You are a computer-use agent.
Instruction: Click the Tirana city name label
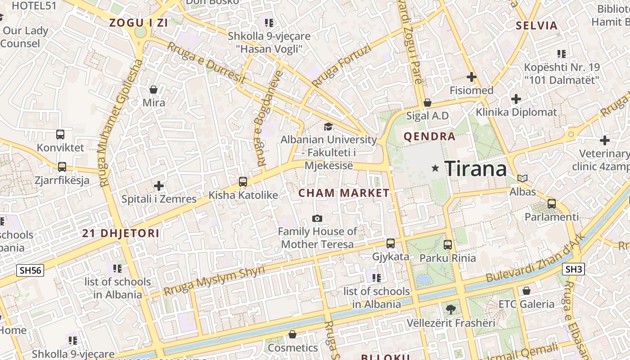coord(476,169)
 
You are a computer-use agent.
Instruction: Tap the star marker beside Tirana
coord(435,168)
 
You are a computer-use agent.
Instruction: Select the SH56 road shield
coord(31,270)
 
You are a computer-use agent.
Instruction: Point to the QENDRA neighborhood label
coord(429,137)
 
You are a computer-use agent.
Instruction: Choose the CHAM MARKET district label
coord(344,193)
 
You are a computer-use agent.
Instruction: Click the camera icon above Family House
coord(317,219)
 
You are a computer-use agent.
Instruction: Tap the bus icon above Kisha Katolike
coord(243,182)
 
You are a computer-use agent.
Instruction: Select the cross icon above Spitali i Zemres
coord(159,185)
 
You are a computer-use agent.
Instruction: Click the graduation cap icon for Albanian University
coord(328,127)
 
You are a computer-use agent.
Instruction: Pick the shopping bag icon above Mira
coord(153,90)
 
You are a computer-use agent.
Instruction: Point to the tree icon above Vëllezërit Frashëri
coord(450,310)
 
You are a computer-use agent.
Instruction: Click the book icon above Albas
coord(522,179)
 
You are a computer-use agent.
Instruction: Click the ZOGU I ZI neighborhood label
coord(139,23)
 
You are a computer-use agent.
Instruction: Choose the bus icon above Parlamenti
coord(552,204)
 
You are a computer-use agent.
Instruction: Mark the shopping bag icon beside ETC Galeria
coord(526,291)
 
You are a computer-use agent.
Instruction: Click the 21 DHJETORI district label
coord(121,233)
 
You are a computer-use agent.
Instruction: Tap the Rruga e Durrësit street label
coord(206,63)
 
